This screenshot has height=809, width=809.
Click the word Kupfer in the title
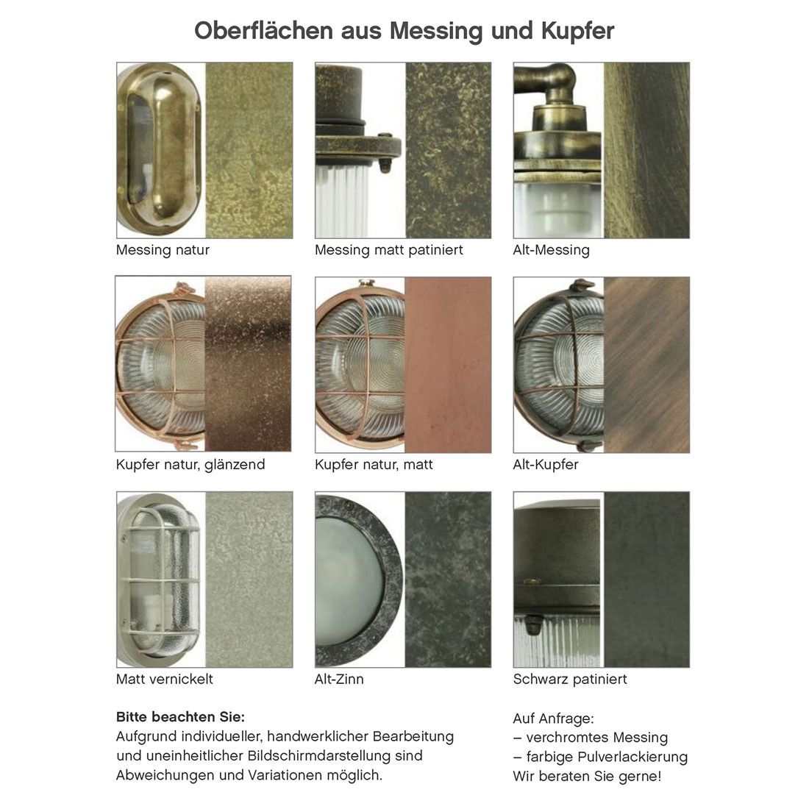578,31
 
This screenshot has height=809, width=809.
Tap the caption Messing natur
163,250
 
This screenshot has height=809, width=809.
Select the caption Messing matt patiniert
388,250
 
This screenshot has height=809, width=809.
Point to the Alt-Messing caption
551,250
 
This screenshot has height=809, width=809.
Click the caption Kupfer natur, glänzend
190,464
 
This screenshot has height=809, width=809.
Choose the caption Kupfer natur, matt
374,464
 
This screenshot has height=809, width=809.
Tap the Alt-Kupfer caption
546,464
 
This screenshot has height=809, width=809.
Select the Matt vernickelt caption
164,679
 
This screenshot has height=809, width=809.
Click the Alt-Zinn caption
339,679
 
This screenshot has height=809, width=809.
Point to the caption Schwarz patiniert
569,679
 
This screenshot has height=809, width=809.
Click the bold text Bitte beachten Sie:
180,717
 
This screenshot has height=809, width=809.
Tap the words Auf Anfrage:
553,719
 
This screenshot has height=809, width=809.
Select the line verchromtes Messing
591,738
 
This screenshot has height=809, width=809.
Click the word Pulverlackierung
633,758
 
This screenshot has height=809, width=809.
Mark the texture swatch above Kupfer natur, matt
448,365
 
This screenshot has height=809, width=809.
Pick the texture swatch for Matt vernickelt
249,580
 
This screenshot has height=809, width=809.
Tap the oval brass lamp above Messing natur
160,149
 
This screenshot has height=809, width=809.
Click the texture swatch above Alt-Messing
646,150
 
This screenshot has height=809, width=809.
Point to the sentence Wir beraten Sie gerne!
587,777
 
